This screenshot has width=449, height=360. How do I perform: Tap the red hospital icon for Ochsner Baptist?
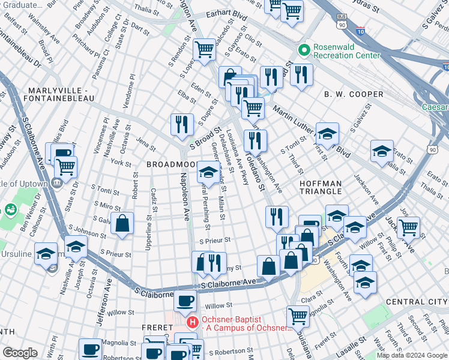pos(193,322)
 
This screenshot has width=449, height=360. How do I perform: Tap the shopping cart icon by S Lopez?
pos(205,49)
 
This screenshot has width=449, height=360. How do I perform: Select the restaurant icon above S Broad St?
pos(182,124)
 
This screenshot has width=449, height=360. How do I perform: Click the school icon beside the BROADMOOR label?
pos(208,173)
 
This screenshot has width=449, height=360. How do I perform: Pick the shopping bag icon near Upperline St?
pos(122,224)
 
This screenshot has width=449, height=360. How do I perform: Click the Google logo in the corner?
pos(20,353)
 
